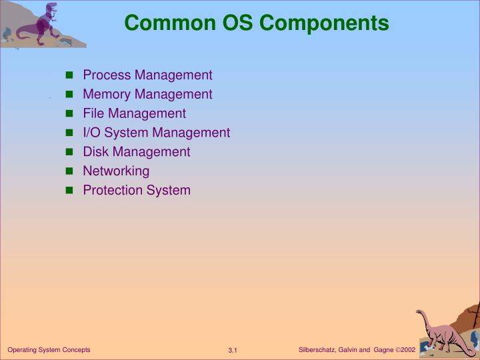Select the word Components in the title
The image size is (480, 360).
tap(325, 23)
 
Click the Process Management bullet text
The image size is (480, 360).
tap(147, 75)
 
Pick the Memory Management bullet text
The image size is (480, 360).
tap(147, 95)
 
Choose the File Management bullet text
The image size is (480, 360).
tap(134, 114)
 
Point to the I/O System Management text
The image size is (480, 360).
tap(156, 133)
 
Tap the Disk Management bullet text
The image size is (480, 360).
tap(136, 152)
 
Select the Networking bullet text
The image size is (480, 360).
tap(116, 171)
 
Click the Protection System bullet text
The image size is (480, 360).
tap(136, 191)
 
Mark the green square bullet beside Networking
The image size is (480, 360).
tap(69, 172)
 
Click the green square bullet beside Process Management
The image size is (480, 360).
tap(69, 76)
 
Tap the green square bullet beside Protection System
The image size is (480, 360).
tap(69, 191)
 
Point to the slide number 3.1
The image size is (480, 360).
tap(233, 351)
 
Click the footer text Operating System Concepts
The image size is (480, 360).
tap(49, 350)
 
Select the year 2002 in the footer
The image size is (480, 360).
tap(407, 350)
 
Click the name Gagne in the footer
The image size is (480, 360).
tap(383, 350)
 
